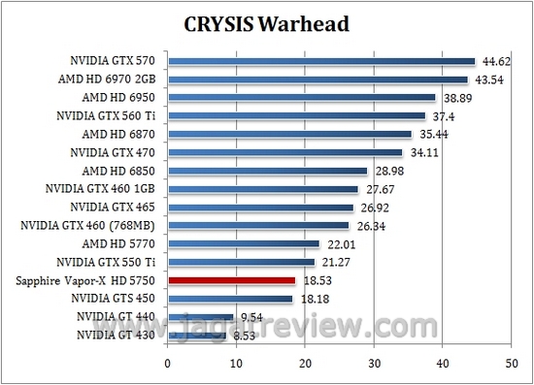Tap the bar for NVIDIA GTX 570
pyautogui.click(x=321, y=61)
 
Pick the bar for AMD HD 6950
pyautogui.click(x=302, y=97)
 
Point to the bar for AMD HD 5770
pyautogui.click(x=244, y=243)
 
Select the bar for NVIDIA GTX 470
pyautogui.click(x=285, y=152)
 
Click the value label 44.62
pyautogui.click(x=494, y=61)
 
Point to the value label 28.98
pyautogui.click(x=386, y=171)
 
